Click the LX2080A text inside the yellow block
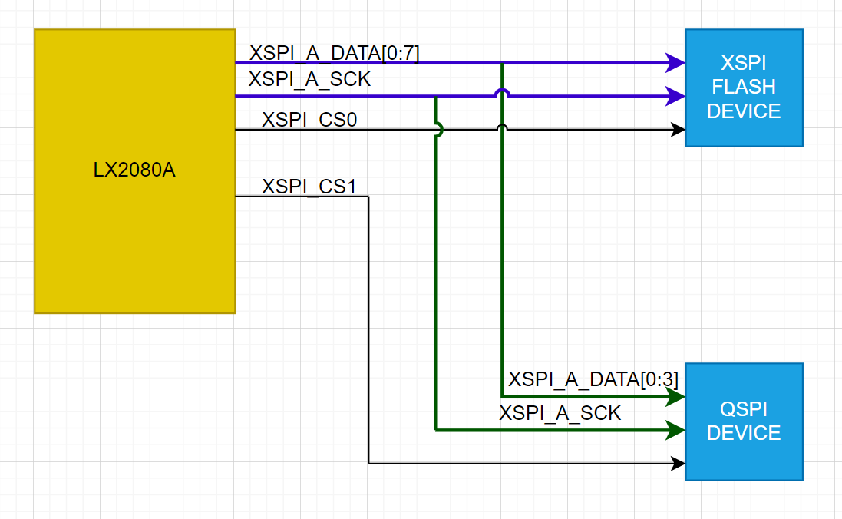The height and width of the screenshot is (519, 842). point(134,170)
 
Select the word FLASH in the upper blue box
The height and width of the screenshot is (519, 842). point(743,87)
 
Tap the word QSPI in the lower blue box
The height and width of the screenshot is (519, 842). point(743,409)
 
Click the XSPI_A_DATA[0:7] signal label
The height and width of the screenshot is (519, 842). point(334,53)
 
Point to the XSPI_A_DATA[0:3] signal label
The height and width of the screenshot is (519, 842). point(593,379)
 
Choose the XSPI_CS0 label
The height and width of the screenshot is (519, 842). point(309,120)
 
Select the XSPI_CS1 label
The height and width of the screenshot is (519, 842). point(309,187)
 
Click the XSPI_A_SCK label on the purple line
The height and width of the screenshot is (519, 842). point(309,79)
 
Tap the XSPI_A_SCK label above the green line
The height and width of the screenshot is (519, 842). point(560,413)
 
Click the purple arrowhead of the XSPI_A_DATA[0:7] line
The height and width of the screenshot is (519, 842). point(676,63)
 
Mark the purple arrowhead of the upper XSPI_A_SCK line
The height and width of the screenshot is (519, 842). point(676,97)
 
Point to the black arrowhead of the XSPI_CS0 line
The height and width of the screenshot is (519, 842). point(679,131)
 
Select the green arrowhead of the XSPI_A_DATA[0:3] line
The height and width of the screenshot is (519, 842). point(676,397)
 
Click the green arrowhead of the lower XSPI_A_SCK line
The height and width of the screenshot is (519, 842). point(676,431)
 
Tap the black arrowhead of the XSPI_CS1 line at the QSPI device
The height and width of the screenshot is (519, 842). point(679,464)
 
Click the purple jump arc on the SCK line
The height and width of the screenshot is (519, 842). point(502,92)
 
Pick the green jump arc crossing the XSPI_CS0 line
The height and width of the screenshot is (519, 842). point(438,131)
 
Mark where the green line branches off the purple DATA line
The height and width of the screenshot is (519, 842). point(502,64)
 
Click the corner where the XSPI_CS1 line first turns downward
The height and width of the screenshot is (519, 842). point(369,197)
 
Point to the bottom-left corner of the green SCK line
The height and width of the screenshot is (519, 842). point(436,431)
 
